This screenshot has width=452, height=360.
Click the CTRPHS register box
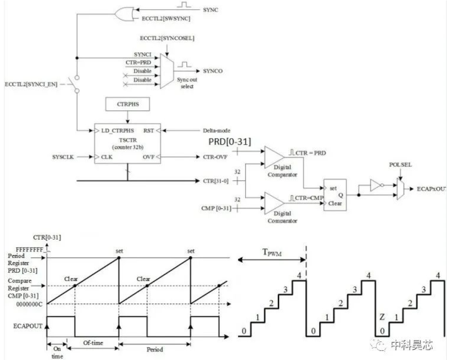tap(128, 104)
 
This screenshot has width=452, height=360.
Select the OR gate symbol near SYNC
tap(124, 14)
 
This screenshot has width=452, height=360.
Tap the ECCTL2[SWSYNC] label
tap(166, 19)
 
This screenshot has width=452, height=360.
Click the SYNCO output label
tap(213, 71)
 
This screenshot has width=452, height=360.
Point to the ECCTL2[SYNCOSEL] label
tap(167, 38)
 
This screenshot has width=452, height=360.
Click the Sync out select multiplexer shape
tap(167, 71)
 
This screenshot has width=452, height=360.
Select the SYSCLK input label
tap(63, 157)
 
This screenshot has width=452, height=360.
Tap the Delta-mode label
tap(216, 130)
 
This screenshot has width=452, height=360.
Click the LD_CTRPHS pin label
tap(118, 130)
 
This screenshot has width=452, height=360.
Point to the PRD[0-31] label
tap(230, 142)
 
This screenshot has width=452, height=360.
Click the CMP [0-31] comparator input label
tap(216, 208)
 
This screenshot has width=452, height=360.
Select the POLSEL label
tap(401, 165)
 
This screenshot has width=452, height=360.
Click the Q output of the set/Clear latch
tap(341, 195)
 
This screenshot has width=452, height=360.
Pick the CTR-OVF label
tap(215, 157)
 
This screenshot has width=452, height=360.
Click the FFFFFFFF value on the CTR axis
tap(29, 249)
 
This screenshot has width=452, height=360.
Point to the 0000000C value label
tap(29, 304)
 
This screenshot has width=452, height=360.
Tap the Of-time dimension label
tap(93, 343)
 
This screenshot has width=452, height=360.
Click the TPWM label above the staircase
tap(272, 252)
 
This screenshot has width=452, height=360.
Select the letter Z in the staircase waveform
tap(382, 317)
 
